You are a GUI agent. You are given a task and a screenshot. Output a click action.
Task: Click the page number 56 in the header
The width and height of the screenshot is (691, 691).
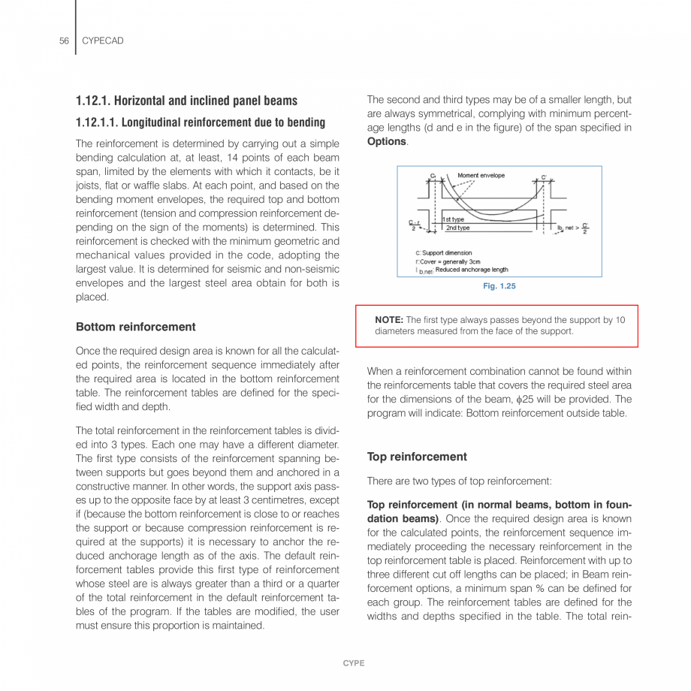pos(64,41)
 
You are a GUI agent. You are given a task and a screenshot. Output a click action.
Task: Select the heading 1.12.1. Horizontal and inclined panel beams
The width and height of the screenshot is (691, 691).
pos(186,101)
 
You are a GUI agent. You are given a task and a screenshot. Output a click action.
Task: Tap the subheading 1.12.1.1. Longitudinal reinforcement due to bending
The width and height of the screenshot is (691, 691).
pos(201,122)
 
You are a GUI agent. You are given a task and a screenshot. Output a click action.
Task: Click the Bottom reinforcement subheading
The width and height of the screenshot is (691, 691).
pos(135,327)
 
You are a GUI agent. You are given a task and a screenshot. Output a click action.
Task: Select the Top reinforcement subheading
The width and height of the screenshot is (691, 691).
pos(417,457)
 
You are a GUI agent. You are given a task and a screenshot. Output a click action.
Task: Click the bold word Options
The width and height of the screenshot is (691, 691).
pos(386,141)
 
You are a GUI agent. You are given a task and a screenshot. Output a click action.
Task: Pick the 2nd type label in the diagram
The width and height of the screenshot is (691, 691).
pos(457,228)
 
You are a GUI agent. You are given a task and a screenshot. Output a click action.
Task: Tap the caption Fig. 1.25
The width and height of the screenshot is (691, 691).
pos(499,286)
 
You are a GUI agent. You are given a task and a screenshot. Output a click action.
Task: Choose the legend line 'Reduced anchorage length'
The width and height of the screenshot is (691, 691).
pos(471,270)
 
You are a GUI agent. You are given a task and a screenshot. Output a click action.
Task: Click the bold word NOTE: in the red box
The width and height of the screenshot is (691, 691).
pos(389,320)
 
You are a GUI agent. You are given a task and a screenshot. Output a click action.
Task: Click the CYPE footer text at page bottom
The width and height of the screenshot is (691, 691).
pos(354,663)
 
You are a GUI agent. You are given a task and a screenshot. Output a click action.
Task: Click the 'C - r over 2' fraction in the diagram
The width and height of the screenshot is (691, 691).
pos(413,225)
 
